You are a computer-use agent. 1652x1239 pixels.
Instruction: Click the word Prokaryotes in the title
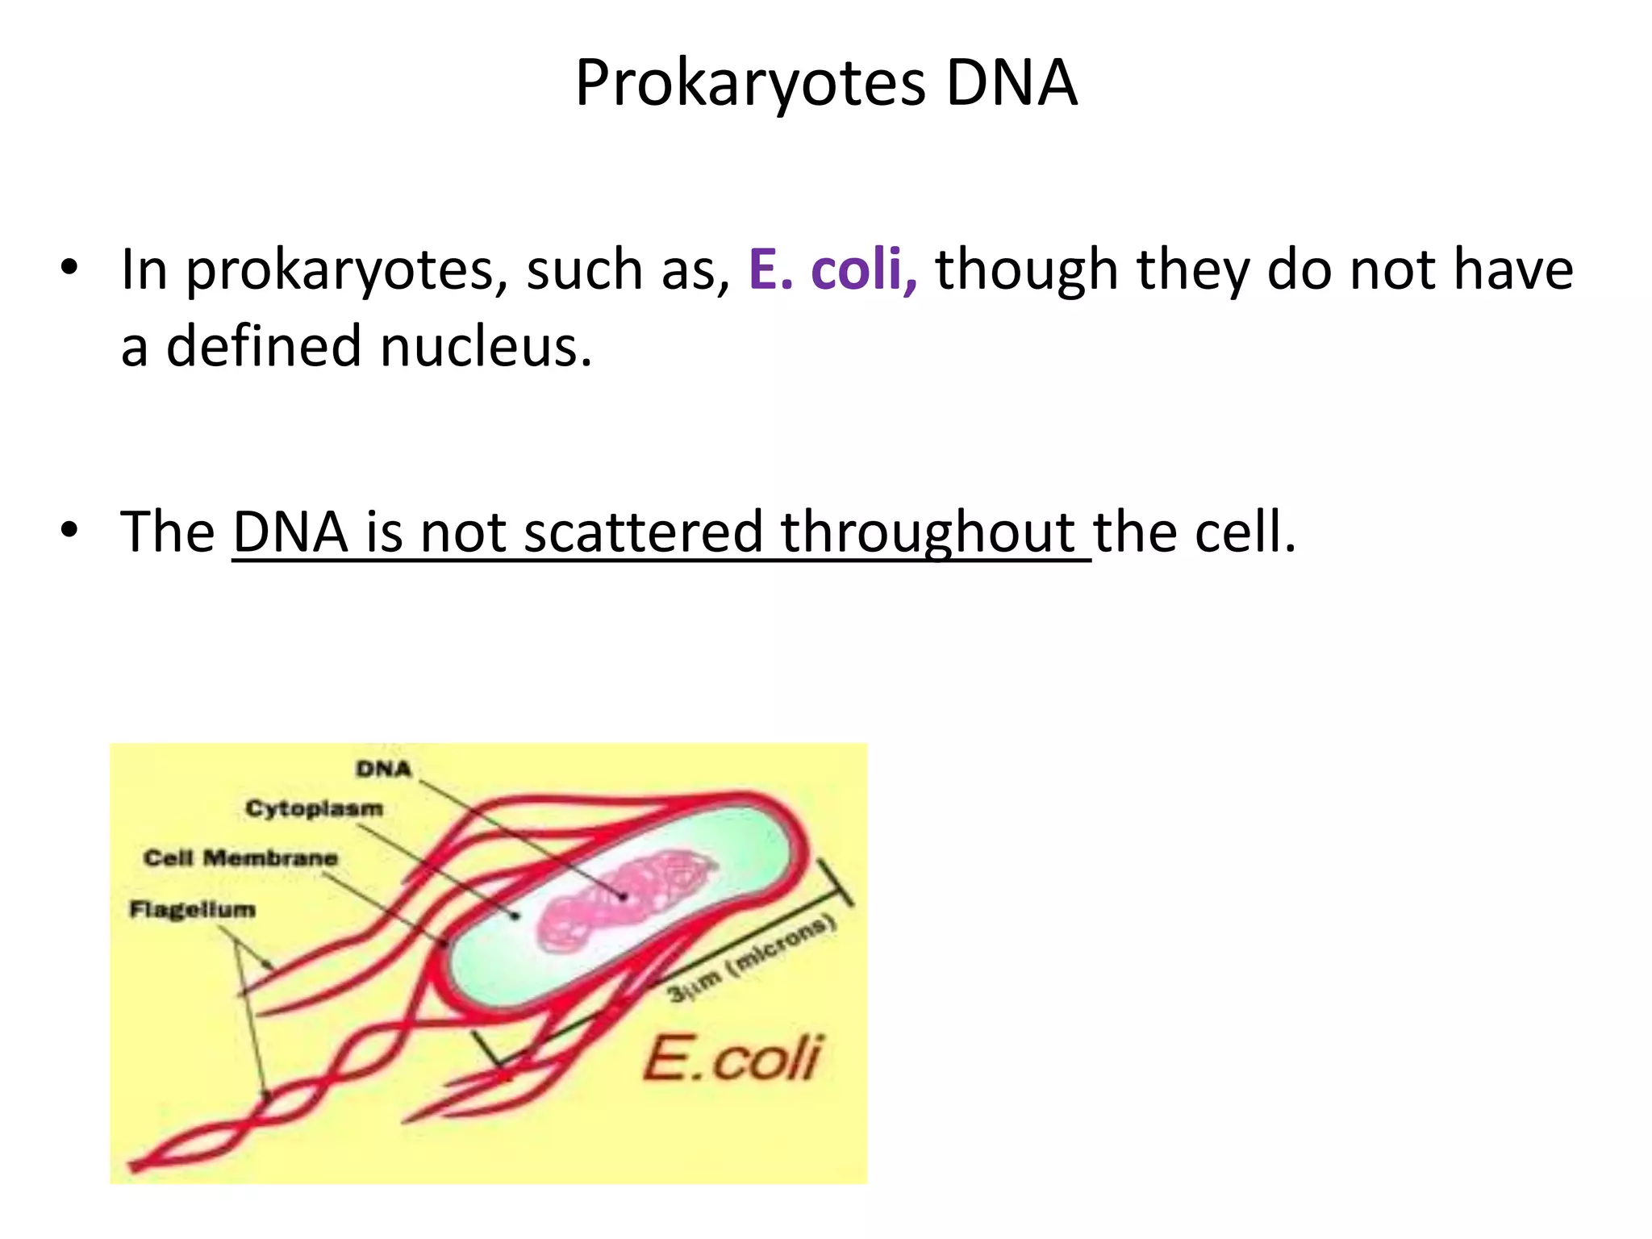[x=750, y=84]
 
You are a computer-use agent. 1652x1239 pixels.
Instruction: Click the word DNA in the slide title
[x=1012, y=84]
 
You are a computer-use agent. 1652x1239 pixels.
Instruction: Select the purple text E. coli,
[x=832, y=269]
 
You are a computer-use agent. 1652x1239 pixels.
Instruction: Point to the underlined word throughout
[x=928, y=532]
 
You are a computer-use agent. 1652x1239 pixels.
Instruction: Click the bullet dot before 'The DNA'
[x=69, y=531]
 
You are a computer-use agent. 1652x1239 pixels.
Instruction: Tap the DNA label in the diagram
[x=384, y=769]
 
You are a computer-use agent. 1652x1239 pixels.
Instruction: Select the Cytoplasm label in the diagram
[x=315, y=808]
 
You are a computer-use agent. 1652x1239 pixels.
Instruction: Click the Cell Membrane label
[x=240, y=857]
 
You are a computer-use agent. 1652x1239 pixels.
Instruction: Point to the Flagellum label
[x=193, y=910]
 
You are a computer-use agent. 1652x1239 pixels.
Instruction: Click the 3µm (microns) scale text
[x=751, y=960]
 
